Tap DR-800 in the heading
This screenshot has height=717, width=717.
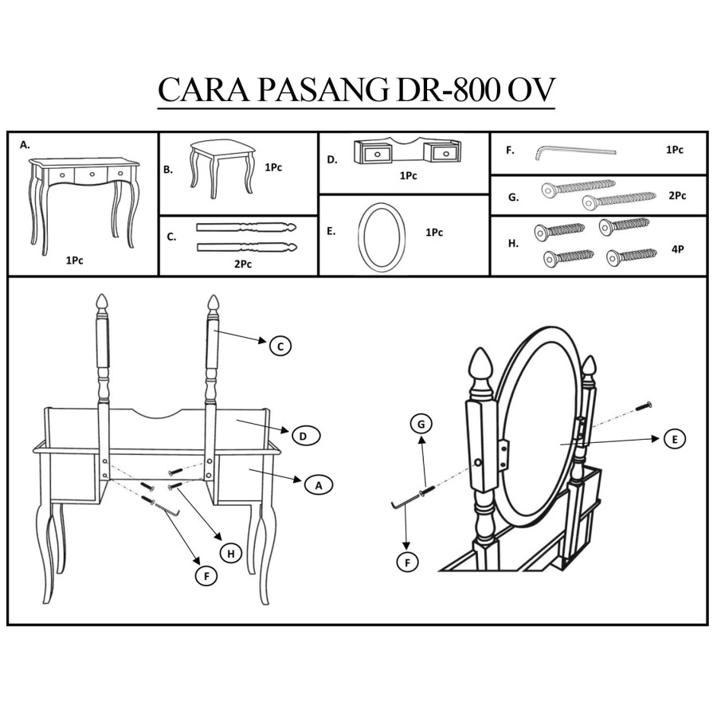coord(447,92)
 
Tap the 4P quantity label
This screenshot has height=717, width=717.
coord(678,249)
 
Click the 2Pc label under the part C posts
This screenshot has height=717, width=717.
coord(243,264)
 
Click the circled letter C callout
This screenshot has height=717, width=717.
coord(280,346)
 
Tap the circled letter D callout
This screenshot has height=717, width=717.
coord(304,436)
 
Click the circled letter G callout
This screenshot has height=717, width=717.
coord(421,425)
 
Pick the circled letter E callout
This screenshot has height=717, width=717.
coord(675,439)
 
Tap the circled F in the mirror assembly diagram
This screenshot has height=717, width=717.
coord(407,562)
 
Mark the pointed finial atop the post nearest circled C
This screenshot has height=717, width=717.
coord(213,304)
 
